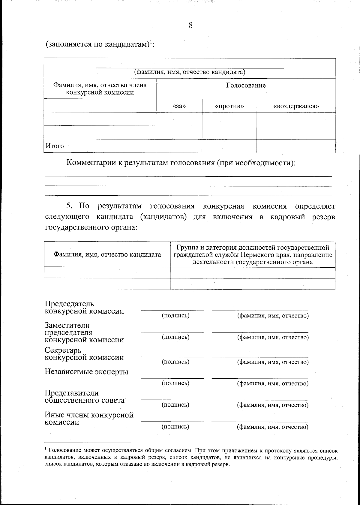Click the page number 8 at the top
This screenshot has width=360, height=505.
point(190,25)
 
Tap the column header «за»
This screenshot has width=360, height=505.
point(179,106)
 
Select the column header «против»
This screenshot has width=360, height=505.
point(229,106)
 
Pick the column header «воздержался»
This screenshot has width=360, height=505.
point(296,106)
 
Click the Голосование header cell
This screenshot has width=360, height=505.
point(246,86)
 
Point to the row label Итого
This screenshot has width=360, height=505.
point(55,146)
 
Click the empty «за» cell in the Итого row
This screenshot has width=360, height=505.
point(179,146)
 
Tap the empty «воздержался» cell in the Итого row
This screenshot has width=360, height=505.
point(296,146)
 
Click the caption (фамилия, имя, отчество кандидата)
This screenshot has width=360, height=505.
point(190,72)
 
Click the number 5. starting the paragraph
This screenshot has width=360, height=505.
point(70,206)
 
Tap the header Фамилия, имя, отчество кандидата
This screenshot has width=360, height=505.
point(107,255)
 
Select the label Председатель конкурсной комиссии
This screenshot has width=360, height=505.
point(84,308)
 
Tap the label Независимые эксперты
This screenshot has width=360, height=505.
point(86,372)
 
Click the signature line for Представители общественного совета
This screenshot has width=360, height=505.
point(172,399)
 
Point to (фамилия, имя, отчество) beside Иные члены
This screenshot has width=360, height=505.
point(273,427)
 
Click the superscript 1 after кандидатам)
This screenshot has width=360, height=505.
point(151,42)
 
